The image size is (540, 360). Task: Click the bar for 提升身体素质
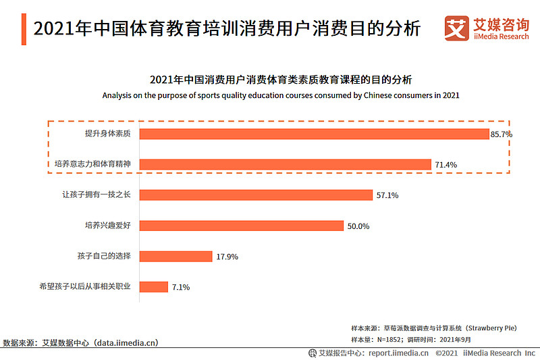point(314,134)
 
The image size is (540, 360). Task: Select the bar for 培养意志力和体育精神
point(285,164)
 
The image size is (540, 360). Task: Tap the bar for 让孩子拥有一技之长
point(256,195)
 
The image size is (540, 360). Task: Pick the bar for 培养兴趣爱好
point(242,226)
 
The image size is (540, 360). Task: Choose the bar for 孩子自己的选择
point(175,256)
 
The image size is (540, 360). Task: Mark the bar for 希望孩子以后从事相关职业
point(154,286)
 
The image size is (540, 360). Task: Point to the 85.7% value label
point(502,134)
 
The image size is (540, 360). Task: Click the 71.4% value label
point(446,165)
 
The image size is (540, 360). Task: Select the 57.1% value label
point(387,195)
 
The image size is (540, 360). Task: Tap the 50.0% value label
point(358,226)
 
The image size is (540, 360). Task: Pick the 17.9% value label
point(227,257)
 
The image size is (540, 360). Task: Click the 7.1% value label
point(181,287)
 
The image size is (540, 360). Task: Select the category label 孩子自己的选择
point(103,256)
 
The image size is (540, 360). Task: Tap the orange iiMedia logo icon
point(457,28)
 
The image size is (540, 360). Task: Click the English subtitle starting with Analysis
point(281,95)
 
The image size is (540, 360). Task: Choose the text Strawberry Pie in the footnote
point(487,328)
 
